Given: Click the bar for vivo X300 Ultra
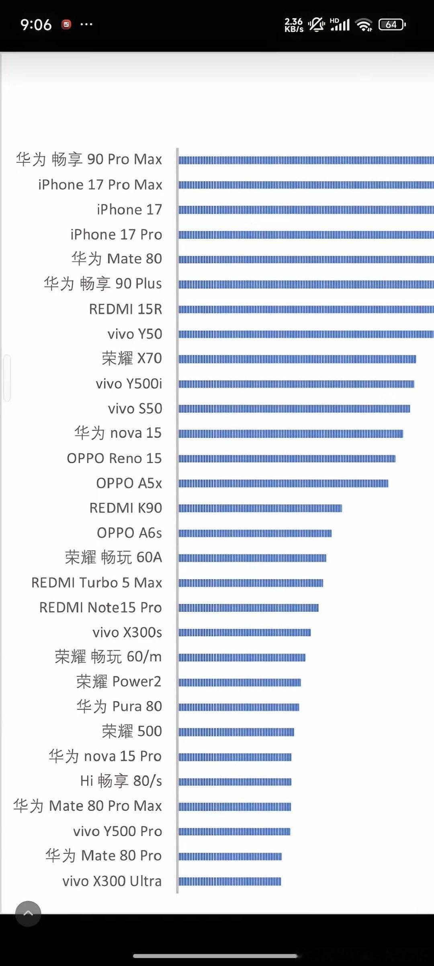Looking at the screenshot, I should click(x=230, y=882).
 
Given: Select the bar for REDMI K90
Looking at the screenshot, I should click(x=260, y=509).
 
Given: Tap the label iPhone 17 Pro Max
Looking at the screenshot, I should click(x=100, y=185).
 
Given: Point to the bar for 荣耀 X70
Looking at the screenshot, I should click(x=297, y=359).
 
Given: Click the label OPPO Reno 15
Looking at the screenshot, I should click(x=115, y=458).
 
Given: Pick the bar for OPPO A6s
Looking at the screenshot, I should click(x=255, y=533).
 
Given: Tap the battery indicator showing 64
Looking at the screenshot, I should click(x=392, y=25).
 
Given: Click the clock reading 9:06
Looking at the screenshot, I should click(x=36, y=25).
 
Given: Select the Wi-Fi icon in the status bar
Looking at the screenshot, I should click(x=364, y=25).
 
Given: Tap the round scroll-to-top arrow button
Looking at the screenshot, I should click(x=28, y=914).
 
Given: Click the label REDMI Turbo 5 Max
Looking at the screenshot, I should click(x=97, y=582).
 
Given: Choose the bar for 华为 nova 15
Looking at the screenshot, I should click(x=291, y=434).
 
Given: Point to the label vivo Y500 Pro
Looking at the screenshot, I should click(x=117, y=831).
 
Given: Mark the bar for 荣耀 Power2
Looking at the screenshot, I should click(x=240, y=682).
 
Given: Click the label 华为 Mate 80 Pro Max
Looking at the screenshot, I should click(x=88, y=806).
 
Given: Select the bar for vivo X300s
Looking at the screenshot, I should click(x=245, y=633).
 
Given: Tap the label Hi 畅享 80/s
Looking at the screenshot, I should click(x=121, y=781).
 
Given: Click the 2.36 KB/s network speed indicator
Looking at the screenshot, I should click(x=294, y=25).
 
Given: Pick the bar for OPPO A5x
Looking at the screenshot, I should click(x=283, y=484).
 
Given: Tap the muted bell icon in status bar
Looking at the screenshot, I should click(x=317, y=25).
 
